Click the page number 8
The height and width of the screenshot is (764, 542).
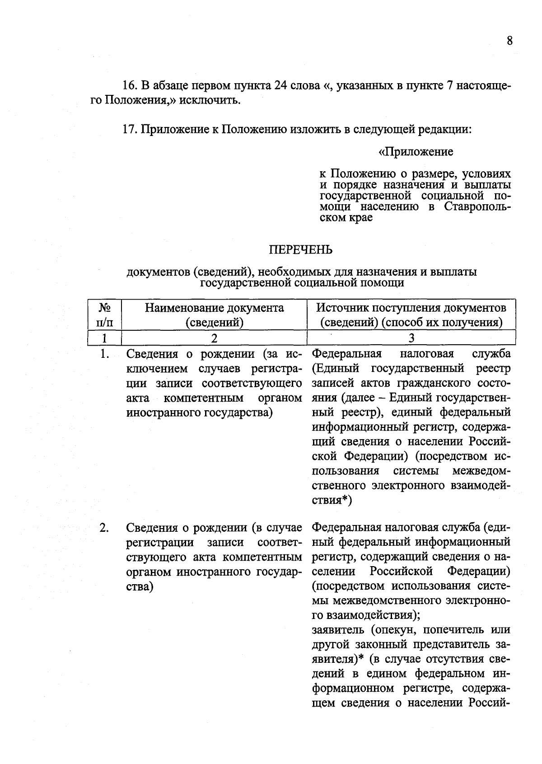[509, 41]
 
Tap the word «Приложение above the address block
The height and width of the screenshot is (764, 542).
[416, 152]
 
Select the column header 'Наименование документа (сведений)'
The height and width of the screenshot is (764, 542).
[214, 315]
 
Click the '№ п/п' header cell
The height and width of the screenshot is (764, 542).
[105, 315]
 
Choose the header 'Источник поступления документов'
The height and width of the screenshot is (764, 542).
[411, 308]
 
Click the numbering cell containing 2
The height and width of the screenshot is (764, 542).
[214, 338]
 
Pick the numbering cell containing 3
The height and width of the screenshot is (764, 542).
[411, 338]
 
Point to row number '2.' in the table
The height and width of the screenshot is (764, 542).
[104, 528]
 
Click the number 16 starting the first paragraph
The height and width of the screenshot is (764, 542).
[129, 85]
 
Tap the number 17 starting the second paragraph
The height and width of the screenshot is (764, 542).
[129, 130]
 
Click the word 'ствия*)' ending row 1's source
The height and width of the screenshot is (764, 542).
[332, 500]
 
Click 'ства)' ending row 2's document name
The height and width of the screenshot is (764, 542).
[140, 586]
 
